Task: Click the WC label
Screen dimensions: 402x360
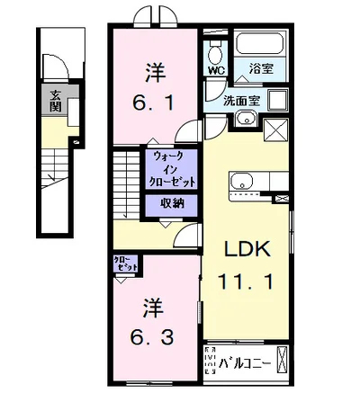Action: (215, 68)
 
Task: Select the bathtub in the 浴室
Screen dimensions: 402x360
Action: (260, 46)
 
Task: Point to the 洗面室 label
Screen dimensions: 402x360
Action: (243, 102)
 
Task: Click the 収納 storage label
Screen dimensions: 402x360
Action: (173, 203)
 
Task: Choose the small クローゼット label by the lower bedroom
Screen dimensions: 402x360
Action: (126, 264)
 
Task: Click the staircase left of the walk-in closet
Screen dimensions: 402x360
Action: (127, 183)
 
